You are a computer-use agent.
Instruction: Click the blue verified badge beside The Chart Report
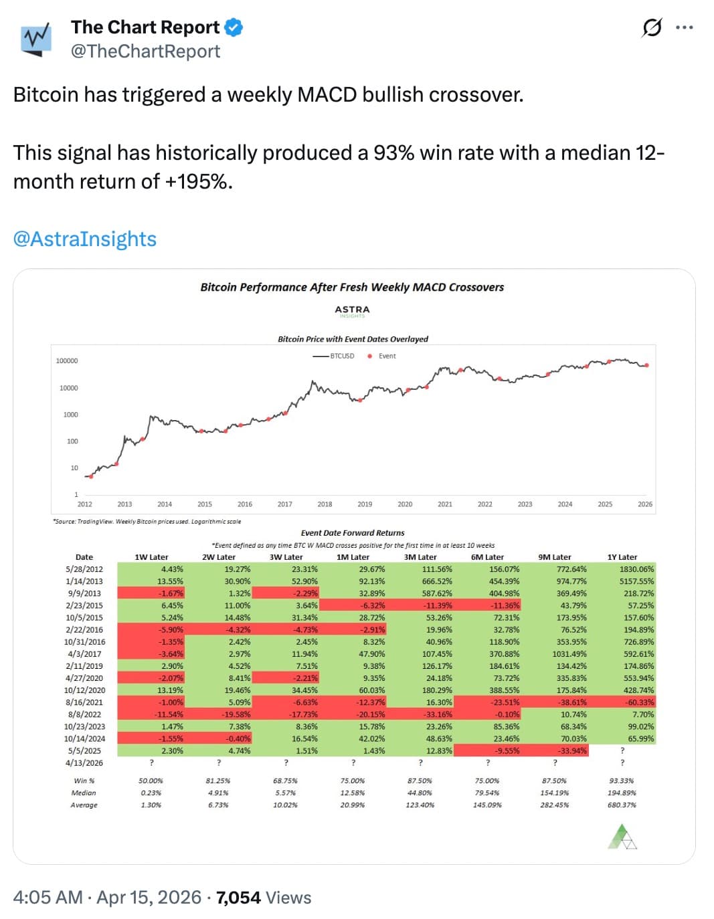234,27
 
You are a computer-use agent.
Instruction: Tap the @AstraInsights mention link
85,239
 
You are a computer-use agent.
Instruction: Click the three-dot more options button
684,27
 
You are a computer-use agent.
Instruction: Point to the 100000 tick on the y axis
67,361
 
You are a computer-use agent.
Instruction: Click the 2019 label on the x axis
365,504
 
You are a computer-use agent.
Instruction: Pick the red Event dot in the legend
369,356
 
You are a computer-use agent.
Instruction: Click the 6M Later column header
487,557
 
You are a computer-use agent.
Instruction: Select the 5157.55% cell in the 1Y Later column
636,581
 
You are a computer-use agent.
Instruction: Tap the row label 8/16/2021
84,702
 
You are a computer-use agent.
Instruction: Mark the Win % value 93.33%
622,781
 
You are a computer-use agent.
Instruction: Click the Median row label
84,793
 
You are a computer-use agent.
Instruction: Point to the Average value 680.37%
622,805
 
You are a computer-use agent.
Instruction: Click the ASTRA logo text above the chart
352,310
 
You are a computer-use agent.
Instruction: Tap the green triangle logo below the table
622,837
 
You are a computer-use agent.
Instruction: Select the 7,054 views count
238,898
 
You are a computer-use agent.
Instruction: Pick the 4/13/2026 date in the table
84,762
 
